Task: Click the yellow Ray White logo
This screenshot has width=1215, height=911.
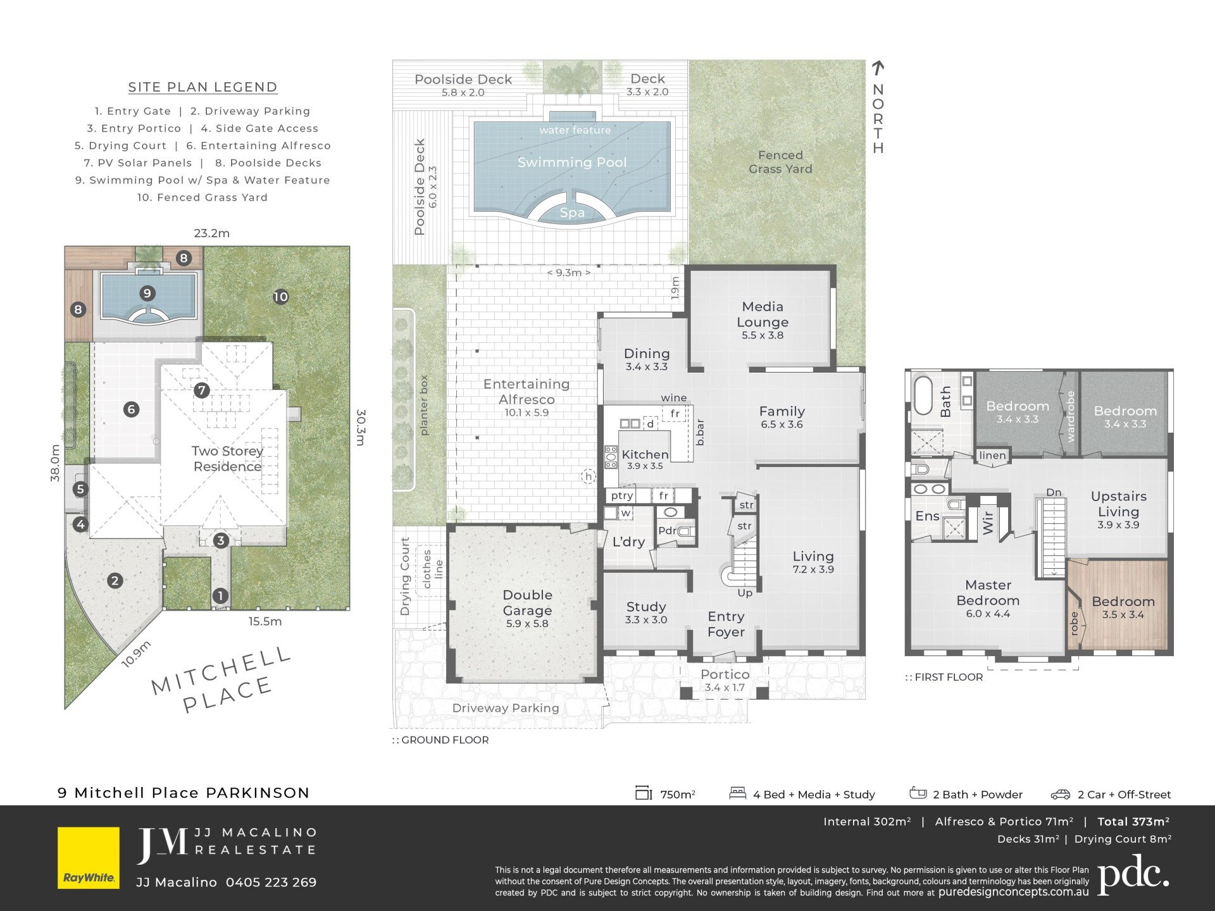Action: [x=89, y=857]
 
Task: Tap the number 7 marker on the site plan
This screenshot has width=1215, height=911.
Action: [x=202, y=390]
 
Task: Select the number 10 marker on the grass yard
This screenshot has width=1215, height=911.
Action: [x=280, y=297]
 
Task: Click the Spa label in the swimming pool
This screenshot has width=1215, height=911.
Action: [x=572, y=213]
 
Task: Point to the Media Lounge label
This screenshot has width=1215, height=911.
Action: [x=763, y=314]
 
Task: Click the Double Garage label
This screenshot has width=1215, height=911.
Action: [x=527, y=602]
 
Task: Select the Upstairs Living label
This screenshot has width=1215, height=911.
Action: [x=1119, y=504]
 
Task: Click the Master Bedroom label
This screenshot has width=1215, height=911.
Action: [x=988, y=593]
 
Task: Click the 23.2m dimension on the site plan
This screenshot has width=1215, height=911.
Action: [x=212, y=233]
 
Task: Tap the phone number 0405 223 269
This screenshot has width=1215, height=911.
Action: [x=271, y=883]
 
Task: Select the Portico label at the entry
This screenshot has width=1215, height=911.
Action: [x=725, y=674]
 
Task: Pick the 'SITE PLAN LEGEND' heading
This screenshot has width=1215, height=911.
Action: [x=202, y=87]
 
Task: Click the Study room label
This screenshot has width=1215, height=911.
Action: [x=646, y=607]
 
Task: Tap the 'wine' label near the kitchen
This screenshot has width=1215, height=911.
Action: [x=674, y=398]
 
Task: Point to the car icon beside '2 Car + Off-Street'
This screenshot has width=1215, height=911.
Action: [x=1061, y=795]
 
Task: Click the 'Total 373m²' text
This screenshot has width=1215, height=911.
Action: [x=1133, y=822]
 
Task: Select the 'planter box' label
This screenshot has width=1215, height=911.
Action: [x=424, y=405]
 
